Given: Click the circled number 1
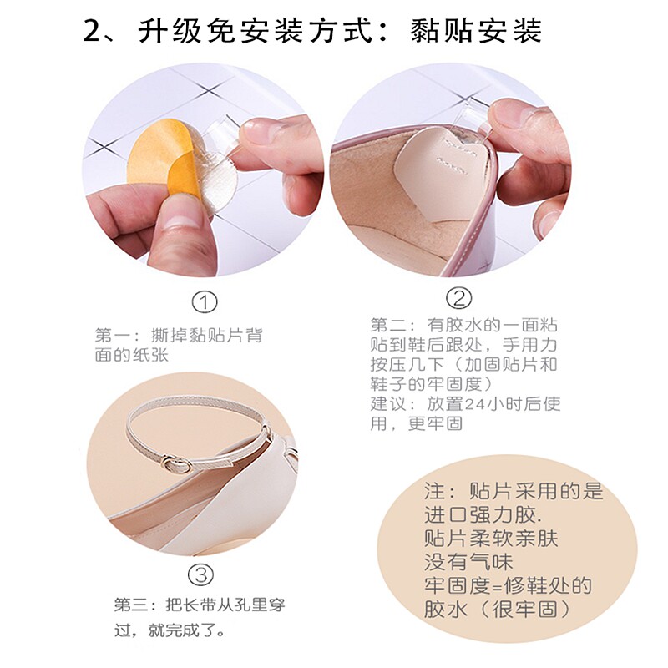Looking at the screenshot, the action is click(x=205, y=302).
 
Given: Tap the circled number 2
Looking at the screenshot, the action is click(x=458, y=298).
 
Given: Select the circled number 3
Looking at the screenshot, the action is click(x=200, y=575).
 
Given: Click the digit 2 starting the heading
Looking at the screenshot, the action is click(x=93, y=31).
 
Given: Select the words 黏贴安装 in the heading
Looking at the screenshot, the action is click(x=475, y=31).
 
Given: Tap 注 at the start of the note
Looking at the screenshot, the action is click(x=434, y=491).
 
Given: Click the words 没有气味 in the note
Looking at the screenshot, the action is click(x=468, y=562).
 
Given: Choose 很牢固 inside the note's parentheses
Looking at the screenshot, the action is click(x=525, y=610).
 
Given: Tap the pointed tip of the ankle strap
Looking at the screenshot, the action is click(x=233, y=461).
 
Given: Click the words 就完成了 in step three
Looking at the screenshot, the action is click(x=182, y=630).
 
